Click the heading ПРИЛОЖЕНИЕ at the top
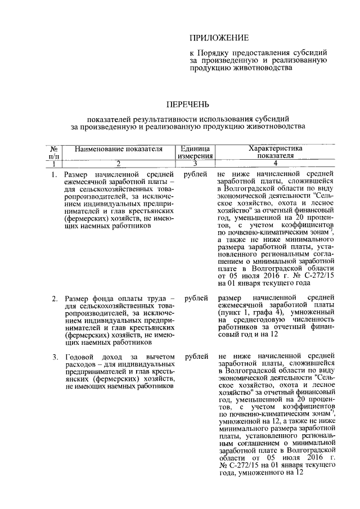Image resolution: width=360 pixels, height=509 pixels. pos(219,38)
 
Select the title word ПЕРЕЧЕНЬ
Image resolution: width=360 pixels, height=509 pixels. pos(188,104)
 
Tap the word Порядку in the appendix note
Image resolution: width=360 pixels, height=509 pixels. pos(214,53)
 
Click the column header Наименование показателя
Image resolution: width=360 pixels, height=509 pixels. pos(117,149)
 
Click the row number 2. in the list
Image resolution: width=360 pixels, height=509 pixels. pos(55,297)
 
